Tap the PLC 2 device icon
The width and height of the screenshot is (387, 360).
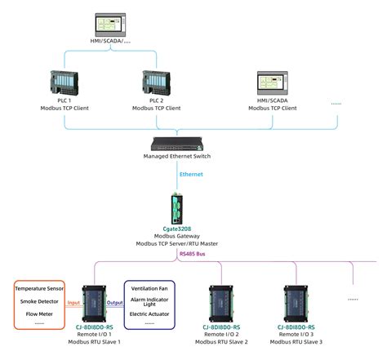[x=156, y=83]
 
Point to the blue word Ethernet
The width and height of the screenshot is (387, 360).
[x=191, y=174]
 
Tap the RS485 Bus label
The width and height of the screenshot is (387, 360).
[x=193, y=255]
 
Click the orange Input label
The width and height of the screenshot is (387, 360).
[x=73, y=301]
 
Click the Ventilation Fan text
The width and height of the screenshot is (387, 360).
[x=149, y=289]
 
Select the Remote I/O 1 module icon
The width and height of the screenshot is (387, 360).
[x=95, y=302]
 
